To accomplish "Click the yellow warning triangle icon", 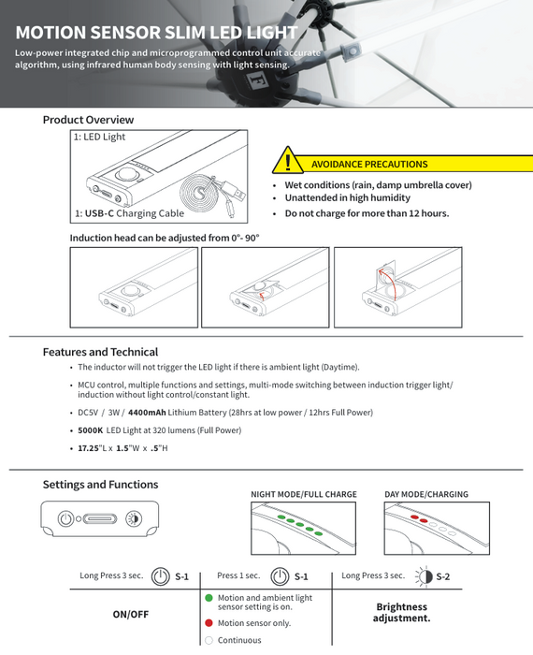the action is click(x=288, y=160).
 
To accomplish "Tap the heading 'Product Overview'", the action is click(x=88, y=120).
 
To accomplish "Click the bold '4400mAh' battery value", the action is click(x=147, y=413).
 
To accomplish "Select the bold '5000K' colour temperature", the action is click(x=90, y=430).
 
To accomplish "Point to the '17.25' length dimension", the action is click(x=88, y=448).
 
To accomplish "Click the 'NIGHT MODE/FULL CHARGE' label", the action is click(x=304, y=494).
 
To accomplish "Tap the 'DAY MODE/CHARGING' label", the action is click(x=426, y=494).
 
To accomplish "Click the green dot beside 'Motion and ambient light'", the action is click(x=209, y=598).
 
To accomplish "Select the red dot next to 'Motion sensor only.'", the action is click(x=209, y=623).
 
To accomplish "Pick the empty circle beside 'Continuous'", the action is click(x=209, y=640).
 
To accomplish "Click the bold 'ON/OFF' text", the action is click(x=131, y=615).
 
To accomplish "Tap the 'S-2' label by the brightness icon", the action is click(x=443, y=577).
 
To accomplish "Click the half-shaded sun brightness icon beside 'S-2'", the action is click(x=425, y=577).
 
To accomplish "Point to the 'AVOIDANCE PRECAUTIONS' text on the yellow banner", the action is click(x=369, y=164).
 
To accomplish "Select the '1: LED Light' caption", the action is click(x=99, y=137).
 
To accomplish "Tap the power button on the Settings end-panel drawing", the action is click(x=65, y=518).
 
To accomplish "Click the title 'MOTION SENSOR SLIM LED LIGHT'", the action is click(x=156, y=33).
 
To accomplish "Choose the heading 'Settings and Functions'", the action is click(x=101, y=485).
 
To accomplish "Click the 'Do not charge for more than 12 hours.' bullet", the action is click(x=367, y=213).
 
